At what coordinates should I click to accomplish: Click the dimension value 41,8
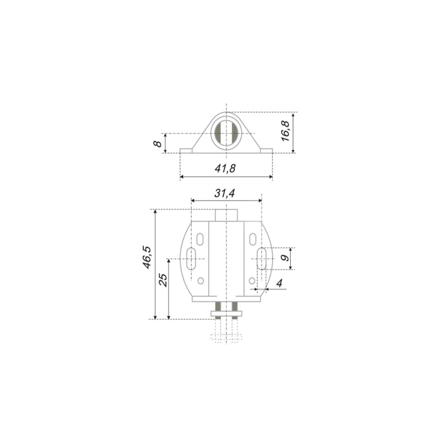pyautogui.click(x=225, y=169)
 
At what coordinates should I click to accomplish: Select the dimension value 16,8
pyautogui.click(x=285, y=131)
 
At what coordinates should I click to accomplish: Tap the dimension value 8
pyautogui.click(x=158, y=143)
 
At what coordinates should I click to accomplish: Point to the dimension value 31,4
pyautogui.click(x=225, y=193)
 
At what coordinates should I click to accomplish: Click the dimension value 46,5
pyautogui.click(x=147, y=257)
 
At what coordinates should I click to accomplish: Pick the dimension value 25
pyautogui.click(x=163, y=280)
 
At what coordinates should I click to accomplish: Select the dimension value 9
pyautogui.click(x=285, y=258)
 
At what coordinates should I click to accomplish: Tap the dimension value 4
pyautogui.click(x=279, y=283)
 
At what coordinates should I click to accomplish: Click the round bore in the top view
pyautogui.click(x=226, y=133)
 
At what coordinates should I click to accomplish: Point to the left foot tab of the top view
pyautogui.click(x=186, y=151)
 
